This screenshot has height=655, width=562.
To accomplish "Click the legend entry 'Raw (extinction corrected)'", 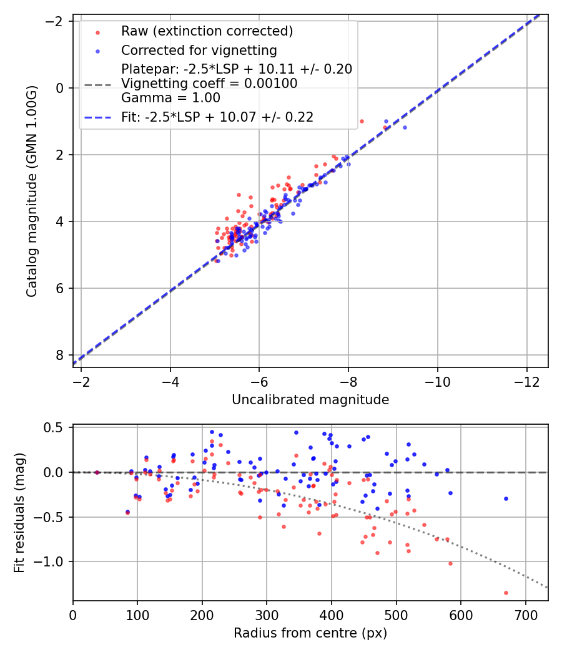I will pyautogui.click(x=207, y=31).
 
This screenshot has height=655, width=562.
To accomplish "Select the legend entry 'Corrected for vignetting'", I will pyautogui.click(x=199, y=50).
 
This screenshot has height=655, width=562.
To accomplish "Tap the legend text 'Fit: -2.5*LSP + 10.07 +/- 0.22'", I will pyautogui.click(x=217, y=117).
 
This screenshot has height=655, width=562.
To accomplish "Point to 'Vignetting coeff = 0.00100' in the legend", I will pyautogui.click(x=209, y=83).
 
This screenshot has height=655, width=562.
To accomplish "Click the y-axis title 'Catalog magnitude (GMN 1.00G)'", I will pyautogui.click(x=32, y=191).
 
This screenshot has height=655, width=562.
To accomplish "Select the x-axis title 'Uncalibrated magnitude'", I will pyautogui.click(x=310, y=400).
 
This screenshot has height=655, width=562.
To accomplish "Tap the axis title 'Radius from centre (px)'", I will pyautogui.click(x=310, y=633).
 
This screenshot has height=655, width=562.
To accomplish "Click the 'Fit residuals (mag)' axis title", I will pyautogui.click(x=19, y=513).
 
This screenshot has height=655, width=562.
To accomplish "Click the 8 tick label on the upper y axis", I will pyautogui.click(x=60, y=355).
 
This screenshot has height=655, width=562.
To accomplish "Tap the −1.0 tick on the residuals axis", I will pyautogui.click(x=53, y=561).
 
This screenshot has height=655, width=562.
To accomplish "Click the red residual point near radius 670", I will pyautogui.click(x=506, y=593).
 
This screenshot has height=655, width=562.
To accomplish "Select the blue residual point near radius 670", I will pyautogui.click(x=506, y=498).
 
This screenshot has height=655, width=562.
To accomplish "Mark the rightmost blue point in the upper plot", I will pyautogui.click(x=405, y=127).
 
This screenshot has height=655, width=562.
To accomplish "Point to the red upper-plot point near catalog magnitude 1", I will pyautogui.click(x=362, y=121).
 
